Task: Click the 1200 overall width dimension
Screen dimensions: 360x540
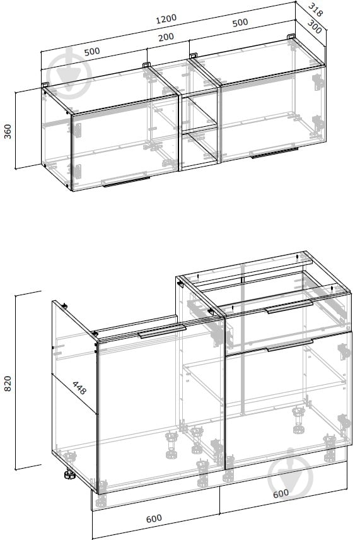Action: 166,18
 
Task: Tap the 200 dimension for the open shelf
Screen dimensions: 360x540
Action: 166,37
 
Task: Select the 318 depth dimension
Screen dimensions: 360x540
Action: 315,9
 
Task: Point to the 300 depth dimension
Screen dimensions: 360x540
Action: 314,27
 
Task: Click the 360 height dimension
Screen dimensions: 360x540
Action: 8,131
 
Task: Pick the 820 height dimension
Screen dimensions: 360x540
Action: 8,384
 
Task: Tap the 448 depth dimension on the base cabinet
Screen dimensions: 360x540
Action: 79,388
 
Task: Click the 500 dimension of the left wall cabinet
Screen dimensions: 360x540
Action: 92,52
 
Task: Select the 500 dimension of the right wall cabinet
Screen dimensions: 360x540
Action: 240,23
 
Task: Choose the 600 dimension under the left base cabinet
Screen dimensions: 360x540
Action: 154,519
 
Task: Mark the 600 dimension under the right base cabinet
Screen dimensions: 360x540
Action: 281,494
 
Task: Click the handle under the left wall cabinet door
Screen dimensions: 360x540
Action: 126,182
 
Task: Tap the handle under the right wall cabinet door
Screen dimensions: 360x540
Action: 274,153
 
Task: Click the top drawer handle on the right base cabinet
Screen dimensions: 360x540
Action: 289,307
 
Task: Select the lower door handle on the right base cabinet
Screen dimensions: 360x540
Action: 290,345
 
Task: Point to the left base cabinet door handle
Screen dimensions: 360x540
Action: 162,331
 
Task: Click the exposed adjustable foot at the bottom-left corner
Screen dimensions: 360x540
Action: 69,474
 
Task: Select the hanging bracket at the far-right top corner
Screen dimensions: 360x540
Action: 291,37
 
